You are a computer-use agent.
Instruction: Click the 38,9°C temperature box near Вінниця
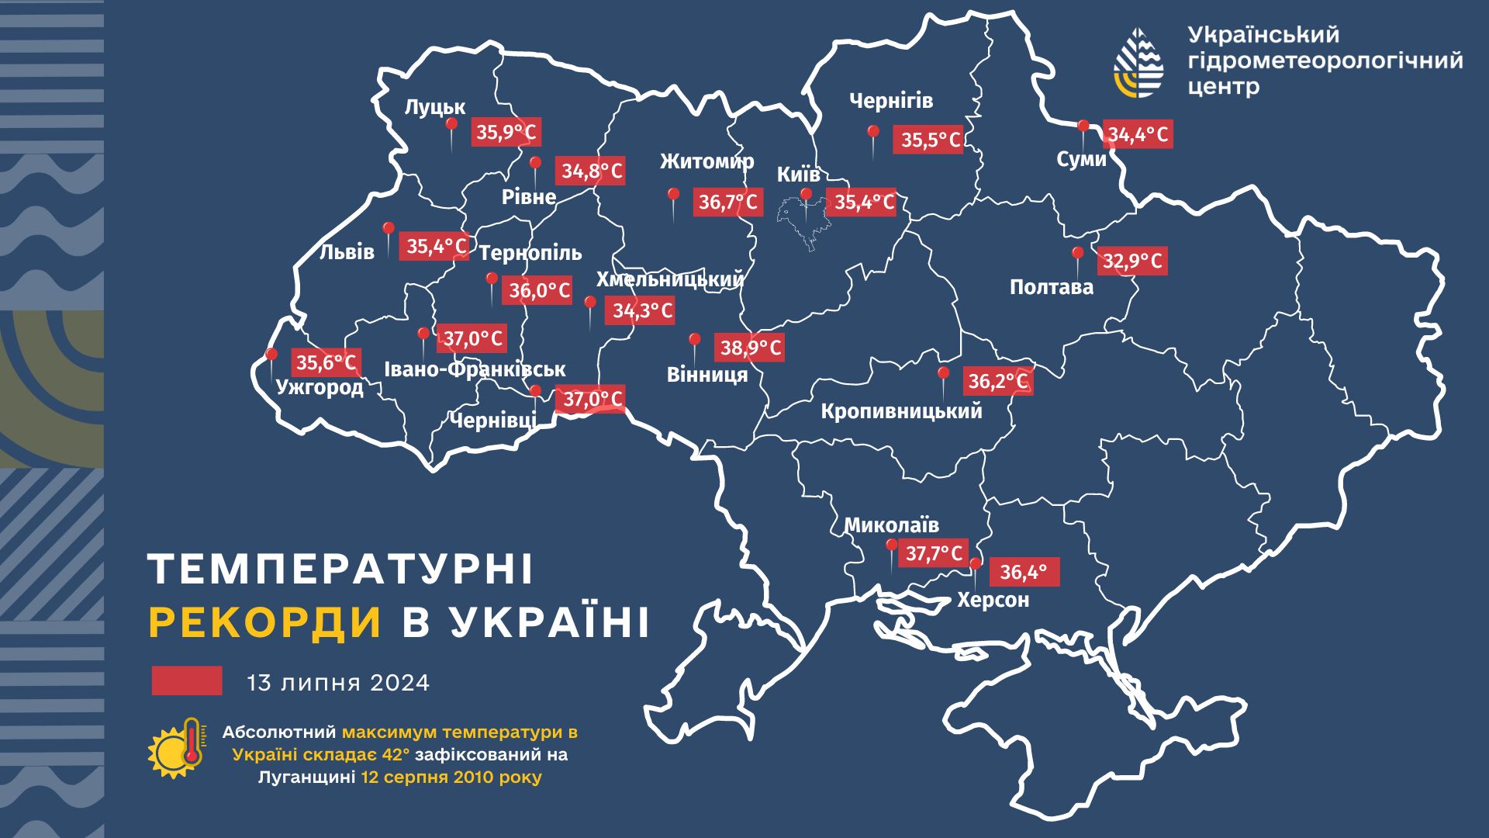(x=750, y=347)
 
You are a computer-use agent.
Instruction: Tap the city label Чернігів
(x=890, y=101)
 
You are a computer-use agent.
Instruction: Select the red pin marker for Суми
(x=1083, y=126)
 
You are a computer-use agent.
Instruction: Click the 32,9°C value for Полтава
(x=1132, y=261)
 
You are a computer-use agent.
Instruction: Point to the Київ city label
(x=798, y=175)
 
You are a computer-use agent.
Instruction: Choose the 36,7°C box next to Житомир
(x=727, y=203)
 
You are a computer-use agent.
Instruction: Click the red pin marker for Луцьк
(x=451, y=125)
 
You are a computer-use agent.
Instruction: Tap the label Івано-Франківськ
(x=475, y=369)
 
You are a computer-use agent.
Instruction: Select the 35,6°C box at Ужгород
(x=326, y=362)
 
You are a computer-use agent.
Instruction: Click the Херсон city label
(x=993, y=600)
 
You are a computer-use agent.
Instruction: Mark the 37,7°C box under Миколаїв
(x=934, y=553)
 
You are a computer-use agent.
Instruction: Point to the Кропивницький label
(x=901, y=410)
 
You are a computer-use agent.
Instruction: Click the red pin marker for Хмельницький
(x=590, y=303)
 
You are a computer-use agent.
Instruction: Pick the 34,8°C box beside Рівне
(x=592, y=171)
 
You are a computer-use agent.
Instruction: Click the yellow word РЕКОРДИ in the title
(x=265, y=622)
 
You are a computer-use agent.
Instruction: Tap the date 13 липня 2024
(x=338, y=683)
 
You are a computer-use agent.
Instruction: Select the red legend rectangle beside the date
(x=187, y=680)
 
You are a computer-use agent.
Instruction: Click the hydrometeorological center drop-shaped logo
(x=1138, y=62)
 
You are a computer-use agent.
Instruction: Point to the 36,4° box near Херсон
(x=1024, y=573)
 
